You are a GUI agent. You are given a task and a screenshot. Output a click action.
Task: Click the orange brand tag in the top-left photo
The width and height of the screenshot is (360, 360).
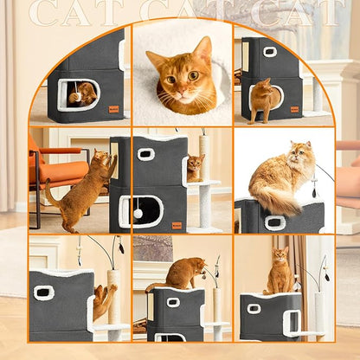[x=112, y=108]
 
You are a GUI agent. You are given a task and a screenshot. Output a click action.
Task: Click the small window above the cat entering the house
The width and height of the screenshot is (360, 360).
[x=270, y=52]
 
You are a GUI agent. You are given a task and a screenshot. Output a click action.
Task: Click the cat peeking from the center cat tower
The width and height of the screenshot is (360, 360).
[x=196, y=166]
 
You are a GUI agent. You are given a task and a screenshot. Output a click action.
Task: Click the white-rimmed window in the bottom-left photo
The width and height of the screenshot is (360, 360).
[x=43, y=292]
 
